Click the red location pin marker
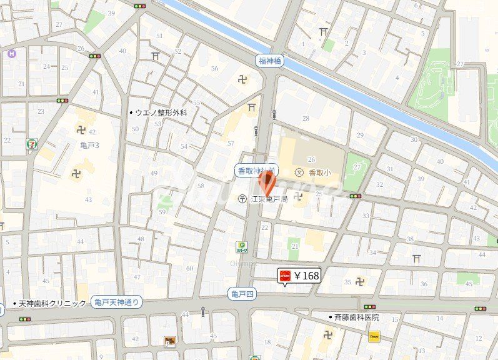pyautogui.click(x=267, y=182)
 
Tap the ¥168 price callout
pyautogui.click(x=299, y=275)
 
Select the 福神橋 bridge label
pyautogui.click(x=271, y=61)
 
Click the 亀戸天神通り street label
pyautogui.click(x=116, y=302)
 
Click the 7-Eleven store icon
pyautogui.click(x=31, y=144)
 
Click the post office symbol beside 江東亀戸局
pyautogui.click(x=242, y=199)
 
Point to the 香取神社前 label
pyautogui.click(x=256, y=170)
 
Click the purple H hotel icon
pyautogui.click(x=11, y=54)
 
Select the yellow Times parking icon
pyautogui.click(x=374, y=336)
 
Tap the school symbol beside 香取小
pyautogui.click(x=299, y=172)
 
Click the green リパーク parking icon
pyautogui.click(x=241, y=246)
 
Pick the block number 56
pyautogui.click(x=214, y=69)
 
